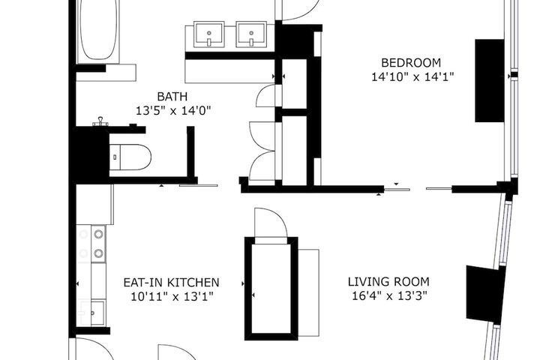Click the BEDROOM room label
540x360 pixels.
click(411, 63)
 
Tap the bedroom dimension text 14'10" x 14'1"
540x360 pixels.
click(412, 76)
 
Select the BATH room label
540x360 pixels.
click(172, 97)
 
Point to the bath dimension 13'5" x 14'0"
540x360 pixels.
click(173, 110)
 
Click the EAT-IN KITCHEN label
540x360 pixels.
click(171, 283)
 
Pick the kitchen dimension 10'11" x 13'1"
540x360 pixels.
click(172, 296)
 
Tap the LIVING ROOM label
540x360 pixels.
click(388, 282)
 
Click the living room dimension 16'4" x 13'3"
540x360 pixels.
click(389, 295)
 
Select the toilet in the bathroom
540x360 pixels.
click(130, 157)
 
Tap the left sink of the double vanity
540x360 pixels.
click(209, 34)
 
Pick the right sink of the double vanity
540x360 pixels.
click(251, 34)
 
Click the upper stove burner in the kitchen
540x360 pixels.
click(98, 234)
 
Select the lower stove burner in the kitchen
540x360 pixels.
click(98, 253)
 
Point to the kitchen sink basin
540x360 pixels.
click(97, 313)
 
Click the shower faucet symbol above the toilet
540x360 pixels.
click(100, 121)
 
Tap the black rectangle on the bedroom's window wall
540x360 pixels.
click(490, 80)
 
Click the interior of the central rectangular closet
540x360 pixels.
click(271, 289)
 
